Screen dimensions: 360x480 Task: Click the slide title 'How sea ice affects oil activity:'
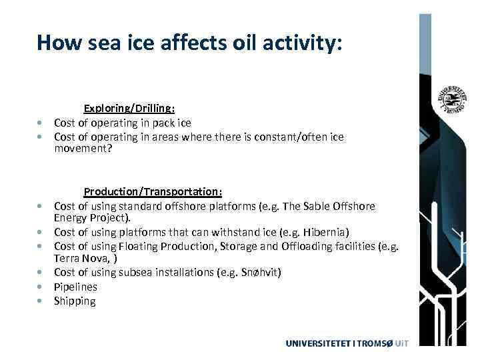point(189,43)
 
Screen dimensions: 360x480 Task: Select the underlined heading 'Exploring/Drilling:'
point(129,108)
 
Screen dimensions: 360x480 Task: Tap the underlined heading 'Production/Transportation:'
point(153,192)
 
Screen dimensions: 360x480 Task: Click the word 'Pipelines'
point(75,287)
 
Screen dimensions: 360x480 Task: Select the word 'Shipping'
point(75,301)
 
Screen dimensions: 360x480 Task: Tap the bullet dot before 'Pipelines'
point(41,287)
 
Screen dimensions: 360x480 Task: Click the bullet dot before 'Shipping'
point(41,302)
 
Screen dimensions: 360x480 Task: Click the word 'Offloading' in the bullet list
point(323,246)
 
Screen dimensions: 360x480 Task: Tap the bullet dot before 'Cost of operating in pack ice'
point(41,123)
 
